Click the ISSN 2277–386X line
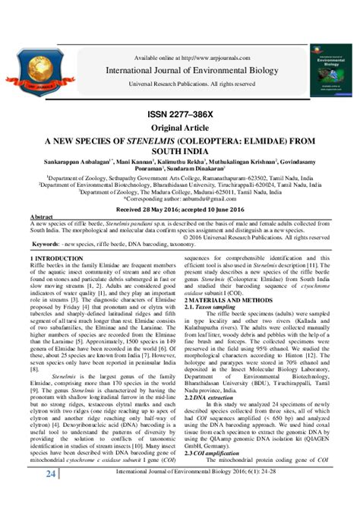point(180,116)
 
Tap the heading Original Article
point(180,129)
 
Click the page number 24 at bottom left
point(51,496)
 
